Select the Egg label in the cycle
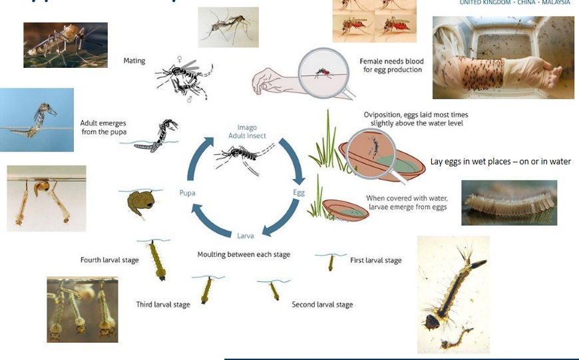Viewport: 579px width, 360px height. point(299,192)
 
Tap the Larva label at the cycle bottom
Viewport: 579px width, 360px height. point(245,235)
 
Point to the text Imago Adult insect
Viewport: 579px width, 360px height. point(247,131)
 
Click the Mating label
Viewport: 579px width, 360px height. point(134,61)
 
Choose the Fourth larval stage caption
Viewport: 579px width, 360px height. point(110,260)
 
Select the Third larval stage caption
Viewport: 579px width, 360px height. point(163,304)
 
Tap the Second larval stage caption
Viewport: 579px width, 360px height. point(322,304)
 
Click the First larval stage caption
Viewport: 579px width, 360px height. point(376,260)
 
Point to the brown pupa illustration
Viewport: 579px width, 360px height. point(139,202)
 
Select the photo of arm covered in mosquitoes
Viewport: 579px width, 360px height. point(503,58)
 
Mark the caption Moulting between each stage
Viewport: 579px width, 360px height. point(244,254)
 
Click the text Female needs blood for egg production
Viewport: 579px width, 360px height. point(391,65)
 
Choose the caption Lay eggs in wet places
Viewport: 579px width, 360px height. point(500,162)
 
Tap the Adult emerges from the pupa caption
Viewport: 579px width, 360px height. point(103,127)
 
